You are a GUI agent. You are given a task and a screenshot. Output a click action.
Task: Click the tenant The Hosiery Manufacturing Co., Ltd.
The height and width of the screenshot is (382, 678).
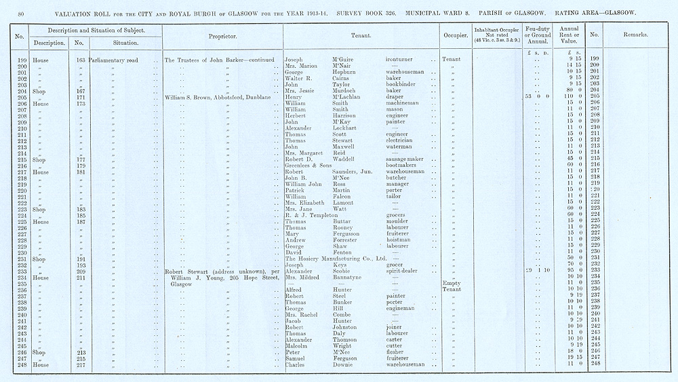click(x=336, y=258)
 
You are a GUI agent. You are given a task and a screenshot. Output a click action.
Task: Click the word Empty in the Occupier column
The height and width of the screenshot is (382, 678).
click(x=451, y=283)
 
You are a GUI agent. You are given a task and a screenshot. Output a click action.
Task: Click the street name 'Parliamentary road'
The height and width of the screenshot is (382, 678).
click(x=114, y=60)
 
